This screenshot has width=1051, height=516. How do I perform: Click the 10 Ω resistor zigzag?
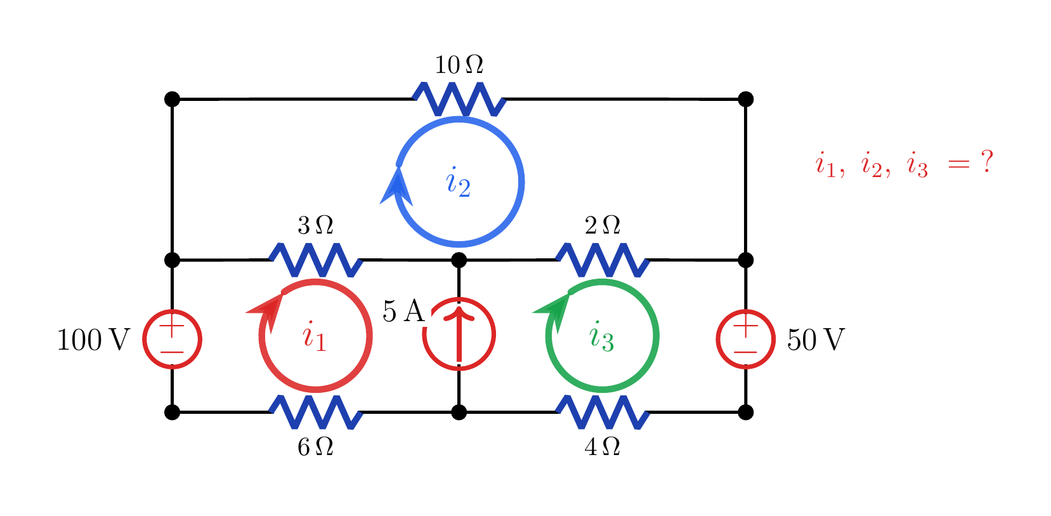[x=459, y=99]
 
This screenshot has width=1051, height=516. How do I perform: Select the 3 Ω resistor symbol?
[x=315, y=260]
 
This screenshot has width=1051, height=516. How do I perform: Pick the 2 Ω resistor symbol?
[x=603, y=260]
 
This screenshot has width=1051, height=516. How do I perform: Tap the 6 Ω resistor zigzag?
[x=315, y=413]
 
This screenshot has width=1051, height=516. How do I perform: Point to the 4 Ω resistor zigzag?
[x=603, y=413]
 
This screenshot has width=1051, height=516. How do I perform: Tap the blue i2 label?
[x=459, y=182]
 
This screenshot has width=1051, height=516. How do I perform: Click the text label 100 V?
[x=93, y=340]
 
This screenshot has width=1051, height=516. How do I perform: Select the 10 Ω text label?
[x=459, y=65]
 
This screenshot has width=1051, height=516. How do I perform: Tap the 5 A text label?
[x=403, y=311]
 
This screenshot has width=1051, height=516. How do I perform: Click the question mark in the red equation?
[x=987, y=161]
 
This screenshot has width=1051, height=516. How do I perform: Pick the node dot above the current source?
[x=459, y=260]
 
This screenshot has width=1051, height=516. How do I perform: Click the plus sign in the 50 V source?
[x=745, y=324]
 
